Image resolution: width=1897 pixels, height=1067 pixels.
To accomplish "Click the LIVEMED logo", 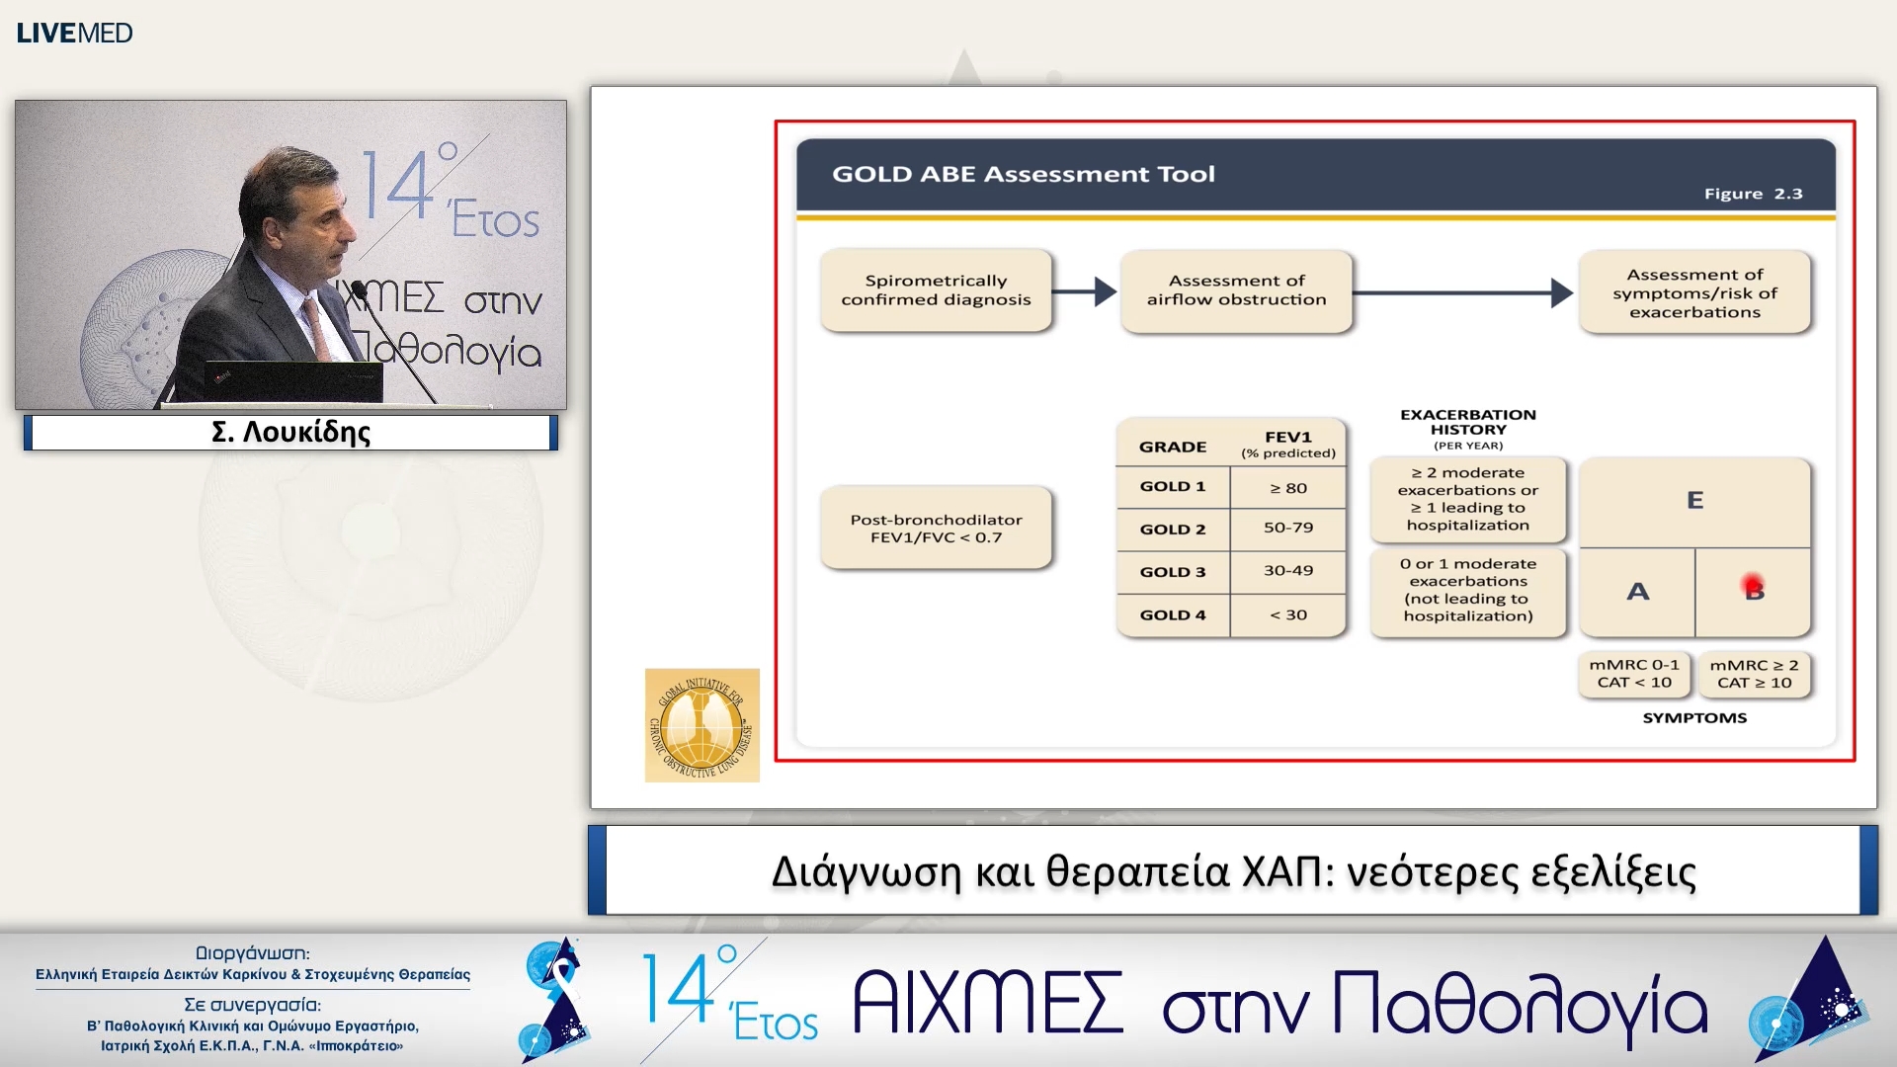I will pos(74,33).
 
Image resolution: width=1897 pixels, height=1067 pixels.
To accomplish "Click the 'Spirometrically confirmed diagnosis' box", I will pos(936,290).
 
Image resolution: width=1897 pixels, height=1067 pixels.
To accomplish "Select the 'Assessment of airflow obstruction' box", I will pos(1236,290).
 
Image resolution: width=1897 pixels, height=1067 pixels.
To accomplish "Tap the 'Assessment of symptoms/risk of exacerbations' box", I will pos(1694,292).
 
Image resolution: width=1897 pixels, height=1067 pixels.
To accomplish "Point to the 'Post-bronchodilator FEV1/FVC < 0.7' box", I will pos(936,529).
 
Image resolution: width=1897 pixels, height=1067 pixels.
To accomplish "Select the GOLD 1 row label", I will pos(1173,486).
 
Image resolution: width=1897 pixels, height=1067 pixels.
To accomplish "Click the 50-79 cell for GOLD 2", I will pos(1288,528).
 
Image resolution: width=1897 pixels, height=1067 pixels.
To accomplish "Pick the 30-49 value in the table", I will pos(1288,571).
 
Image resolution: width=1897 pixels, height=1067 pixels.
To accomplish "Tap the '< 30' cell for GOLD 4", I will pos(1288,615).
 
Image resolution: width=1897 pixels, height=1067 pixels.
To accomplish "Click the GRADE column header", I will pos(1173,447).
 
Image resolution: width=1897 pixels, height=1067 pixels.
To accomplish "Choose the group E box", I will pos(1694,501).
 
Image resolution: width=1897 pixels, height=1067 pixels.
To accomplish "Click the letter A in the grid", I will pos(1637,592).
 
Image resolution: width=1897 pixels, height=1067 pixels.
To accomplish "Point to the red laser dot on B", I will pos(1752,584).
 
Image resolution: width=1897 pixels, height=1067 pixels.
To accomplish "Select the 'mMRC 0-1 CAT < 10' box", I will pos(1634,674).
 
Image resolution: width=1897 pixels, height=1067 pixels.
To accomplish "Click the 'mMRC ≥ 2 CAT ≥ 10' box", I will pos(1754,674).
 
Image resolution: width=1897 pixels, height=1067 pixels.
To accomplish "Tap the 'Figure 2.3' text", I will pos(1753,194).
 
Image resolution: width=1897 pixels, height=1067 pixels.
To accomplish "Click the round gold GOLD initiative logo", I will pos(701,726).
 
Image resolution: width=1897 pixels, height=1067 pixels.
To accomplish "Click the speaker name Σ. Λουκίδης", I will pos(290,432).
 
